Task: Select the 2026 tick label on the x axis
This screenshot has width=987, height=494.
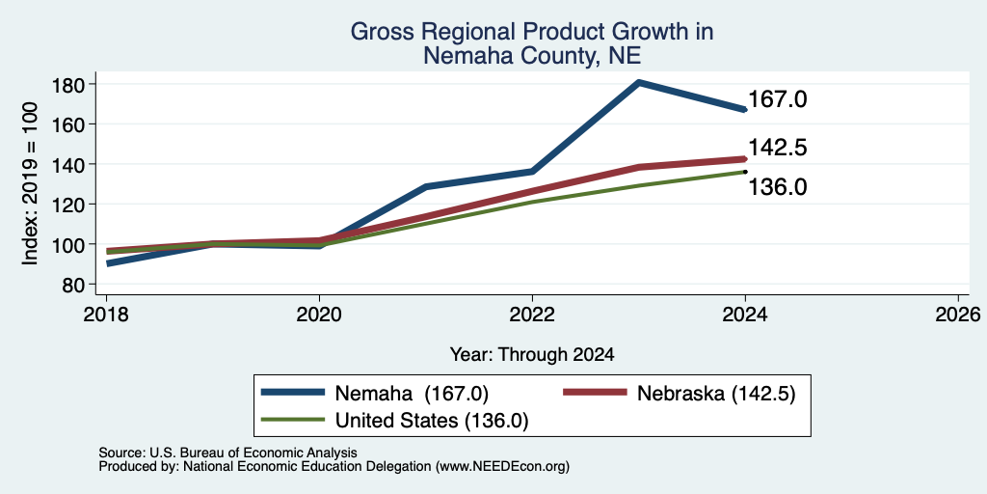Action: (x=958, y=314)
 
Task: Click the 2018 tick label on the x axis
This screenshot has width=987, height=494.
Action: (x=106, y=314)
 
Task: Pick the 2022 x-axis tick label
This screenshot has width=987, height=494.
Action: (x=532, y=314)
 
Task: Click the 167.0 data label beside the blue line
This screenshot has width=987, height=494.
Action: (x=778, y=99)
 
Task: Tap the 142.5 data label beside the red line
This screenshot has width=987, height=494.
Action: (x=778, y=148)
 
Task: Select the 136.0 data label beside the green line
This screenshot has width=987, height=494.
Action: (x=778, y=187)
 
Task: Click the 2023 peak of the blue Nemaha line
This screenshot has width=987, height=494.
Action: (x=639, y=83)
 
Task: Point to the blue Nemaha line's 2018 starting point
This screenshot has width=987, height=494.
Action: (x=108, y=263)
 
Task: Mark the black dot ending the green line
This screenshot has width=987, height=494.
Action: (x=745, y=172)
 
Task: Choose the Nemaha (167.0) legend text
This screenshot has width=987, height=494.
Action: (x=412, y=394)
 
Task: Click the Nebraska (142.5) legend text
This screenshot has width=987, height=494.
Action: (x=716, y=394)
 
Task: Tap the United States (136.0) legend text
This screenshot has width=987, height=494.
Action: (x=432, y=421)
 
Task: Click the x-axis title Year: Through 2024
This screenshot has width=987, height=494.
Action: (x=532, y=355)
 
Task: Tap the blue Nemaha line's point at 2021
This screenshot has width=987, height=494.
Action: (x=426, y=186)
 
